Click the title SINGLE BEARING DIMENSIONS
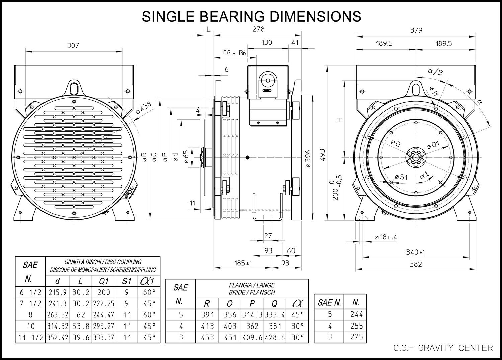pyautogui.click(x=251, y=16)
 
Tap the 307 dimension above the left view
pyautogui.click(x=73, y=46)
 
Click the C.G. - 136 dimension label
pyautogui.click(x=234, y=53)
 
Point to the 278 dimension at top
pyautogui.click(x=258, y=29)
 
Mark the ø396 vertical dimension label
pyautogui.click(x=308, y=158)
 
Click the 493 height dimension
pyautogui.click(x=322, y=155)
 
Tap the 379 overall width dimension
pyautogui.click(x=416, y=30)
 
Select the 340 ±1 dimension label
pyautogui.click(x=416, y=253)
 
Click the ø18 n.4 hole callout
pyautogui.click(x=386, y=237)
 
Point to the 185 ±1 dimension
pyautogui.click(x=243, y=263)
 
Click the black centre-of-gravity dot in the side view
pyautogui.click(x=247, y=158)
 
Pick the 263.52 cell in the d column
pyautogui.click(x=57, y=315)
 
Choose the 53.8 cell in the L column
pyautogui.click(x=81, y=326)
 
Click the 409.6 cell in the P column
pyautogui.click(x=252, y=337)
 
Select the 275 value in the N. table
pyautogui.click(x=356, y=337)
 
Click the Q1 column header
pyautogui.click(x=103, y=281)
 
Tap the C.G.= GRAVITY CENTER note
pyautogui.click(x=443, y=348)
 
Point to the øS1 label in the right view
pyautogui.click(x=401, y=177)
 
